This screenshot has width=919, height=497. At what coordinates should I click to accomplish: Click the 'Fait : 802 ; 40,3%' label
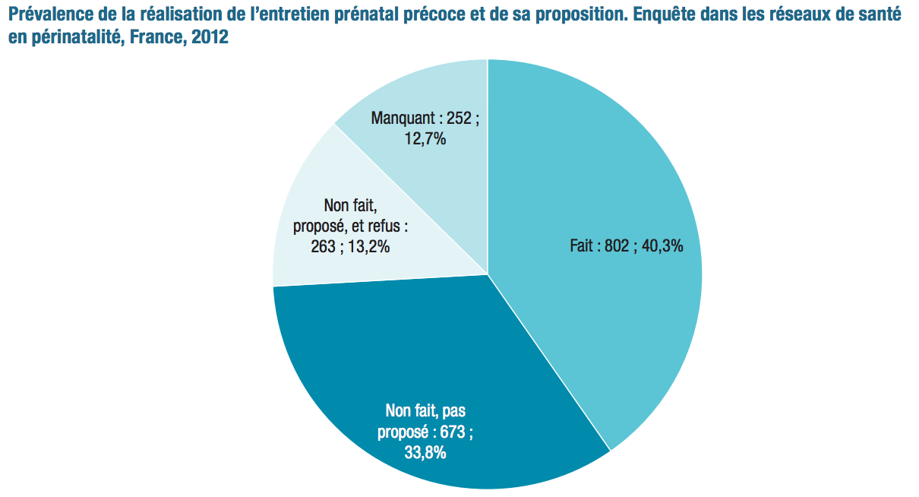(x=626, y=246)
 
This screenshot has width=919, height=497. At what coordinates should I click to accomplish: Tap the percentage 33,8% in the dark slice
(x=425, y=454)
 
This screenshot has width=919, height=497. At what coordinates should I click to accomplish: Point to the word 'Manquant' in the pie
(x=402, y=119)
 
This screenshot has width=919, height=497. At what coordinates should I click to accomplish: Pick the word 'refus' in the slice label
(x=389, y=226)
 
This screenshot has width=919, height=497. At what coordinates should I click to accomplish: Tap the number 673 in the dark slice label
(x=452, y=432)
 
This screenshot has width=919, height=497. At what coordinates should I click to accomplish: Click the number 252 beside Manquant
(x=459, y=119)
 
